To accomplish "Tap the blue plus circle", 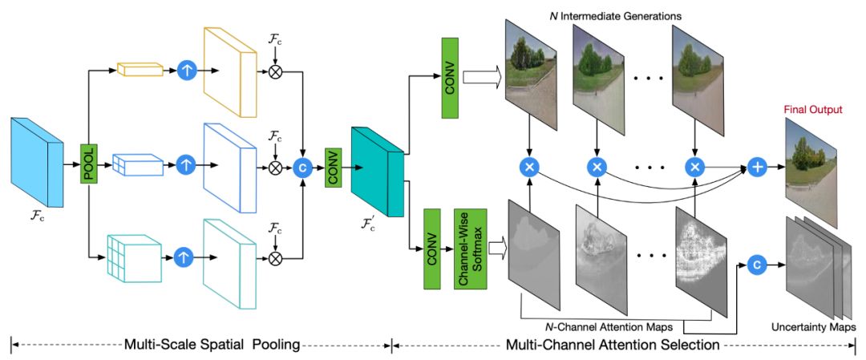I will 758,166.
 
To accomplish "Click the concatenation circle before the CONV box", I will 303,166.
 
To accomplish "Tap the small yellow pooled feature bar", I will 134,70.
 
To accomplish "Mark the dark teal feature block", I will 376,170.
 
